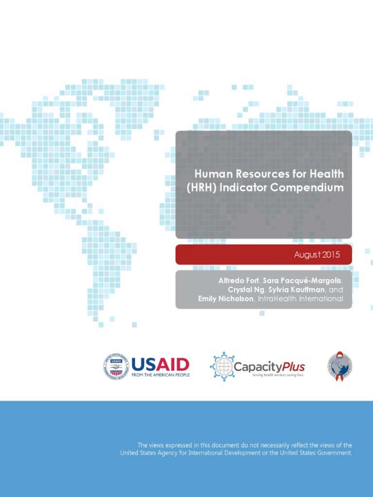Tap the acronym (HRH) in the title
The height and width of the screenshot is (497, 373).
(202, 187)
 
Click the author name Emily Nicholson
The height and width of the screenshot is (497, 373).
(225, 299)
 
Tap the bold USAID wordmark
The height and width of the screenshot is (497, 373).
(160, 364)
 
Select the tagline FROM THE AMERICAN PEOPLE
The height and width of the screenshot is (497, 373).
(160, 375)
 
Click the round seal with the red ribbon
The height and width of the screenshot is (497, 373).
(339, 366)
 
